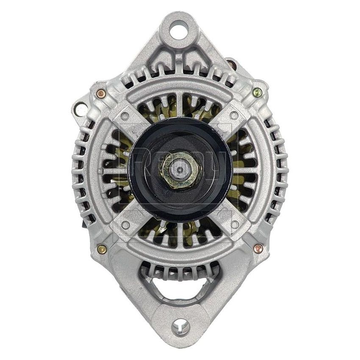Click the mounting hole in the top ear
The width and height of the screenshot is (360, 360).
pyautogui.click(x=180, y=30)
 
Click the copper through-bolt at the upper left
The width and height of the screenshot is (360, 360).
pyautogui.click(x=100, y=94)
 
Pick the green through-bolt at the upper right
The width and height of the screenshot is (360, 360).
pyautogui.click(x=257, y=92)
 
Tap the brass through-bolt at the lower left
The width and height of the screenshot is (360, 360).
pyautogui.click(x=102, y=249)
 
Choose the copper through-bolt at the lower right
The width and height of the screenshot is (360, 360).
pyautogui.click(x=258, y=248)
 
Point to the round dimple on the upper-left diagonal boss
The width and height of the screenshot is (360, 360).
pyautogui.click(x=125, y=116)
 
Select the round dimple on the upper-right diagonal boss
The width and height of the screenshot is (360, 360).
pyautogui.click(x=234, y=115)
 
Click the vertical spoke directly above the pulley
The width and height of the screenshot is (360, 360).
pyautogui.click(x=180, y=108)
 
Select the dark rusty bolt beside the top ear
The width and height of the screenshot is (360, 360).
pyautogui.click(x=231, y=64)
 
